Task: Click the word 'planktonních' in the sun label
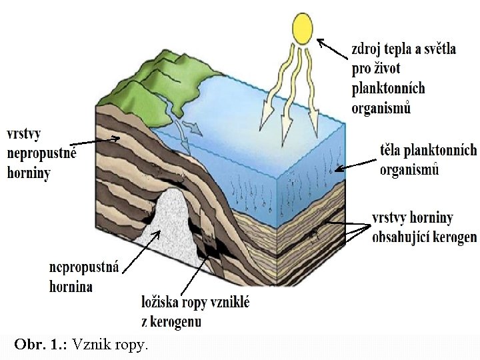[x=388, y=89]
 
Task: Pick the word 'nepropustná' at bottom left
[x=84, y=267]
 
